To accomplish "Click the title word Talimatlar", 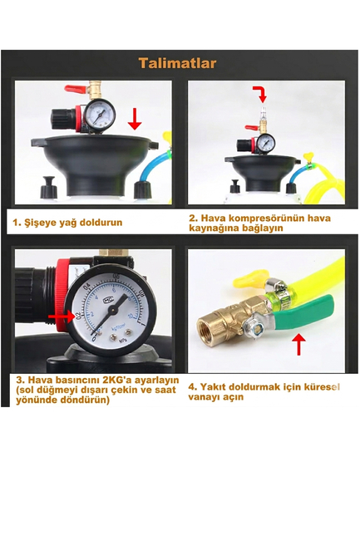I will pyautogui.click(x=177, y=63).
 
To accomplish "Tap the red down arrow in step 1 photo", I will pyautogui.click(x=136, y=123).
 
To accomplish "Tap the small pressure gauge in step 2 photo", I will pyautogui.click(x=265, y=142).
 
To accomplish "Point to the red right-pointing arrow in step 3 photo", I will pyautogui.click(x=60, y=317).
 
